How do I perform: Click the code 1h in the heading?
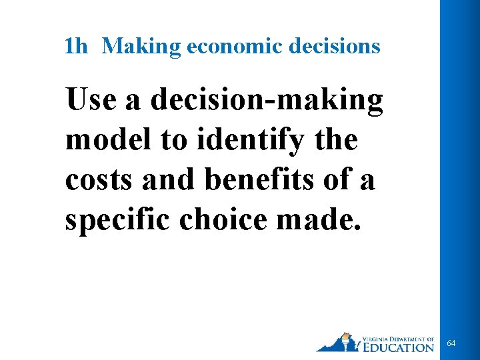coord(76,46)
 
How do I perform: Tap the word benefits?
coord(257,180)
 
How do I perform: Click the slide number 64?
coord(451,343)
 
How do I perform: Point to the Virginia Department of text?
coord(397,337)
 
